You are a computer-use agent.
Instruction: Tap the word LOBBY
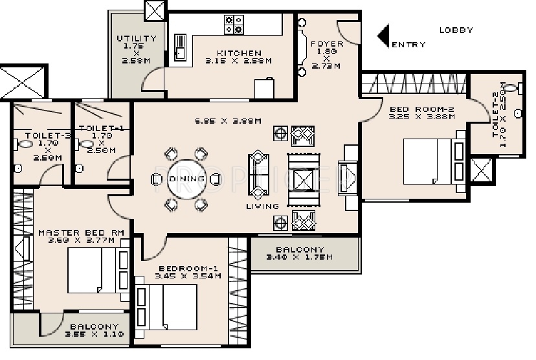(x=456, y=30)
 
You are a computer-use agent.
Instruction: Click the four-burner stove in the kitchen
(x=234, y=25)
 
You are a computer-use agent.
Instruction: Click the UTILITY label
(x=136, y=39)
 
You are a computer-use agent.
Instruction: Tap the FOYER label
(x=326, y=44)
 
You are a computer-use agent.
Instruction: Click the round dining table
(x=187, y=179)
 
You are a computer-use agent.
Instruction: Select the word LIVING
(x=262, y=207)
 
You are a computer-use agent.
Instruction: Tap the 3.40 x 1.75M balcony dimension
(x=299, y=257)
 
